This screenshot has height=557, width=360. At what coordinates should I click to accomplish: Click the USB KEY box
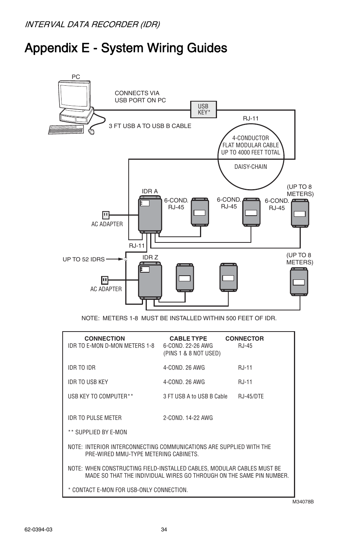click(203, 110)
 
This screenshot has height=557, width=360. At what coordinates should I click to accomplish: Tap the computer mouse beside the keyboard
click(91, 131)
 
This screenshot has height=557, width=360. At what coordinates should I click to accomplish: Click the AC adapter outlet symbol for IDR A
click(106, 215)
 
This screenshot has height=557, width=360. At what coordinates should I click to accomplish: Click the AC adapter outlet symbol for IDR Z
click(105, 280)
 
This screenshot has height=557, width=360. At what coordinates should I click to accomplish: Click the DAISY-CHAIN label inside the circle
click(251, 167)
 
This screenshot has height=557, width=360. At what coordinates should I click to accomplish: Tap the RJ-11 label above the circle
click(251, 118)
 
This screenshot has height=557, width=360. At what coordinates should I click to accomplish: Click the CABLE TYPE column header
click(188, 338)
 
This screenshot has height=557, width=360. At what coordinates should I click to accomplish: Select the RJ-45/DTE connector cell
click(251, 396)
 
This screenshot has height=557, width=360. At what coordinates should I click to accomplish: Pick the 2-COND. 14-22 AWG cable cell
click(188, 418)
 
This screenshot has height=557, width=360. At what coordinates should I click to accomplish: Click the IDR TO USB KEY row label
click(88, 382)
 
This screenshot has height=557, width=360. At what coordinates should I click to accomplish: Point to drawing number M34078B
click(303, 502)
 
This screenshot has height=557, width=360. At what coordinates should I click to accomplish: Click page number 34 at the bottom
click(164, 529)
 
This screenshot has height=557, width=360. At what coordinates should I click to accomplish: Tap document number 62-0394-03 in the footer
click(38, 529)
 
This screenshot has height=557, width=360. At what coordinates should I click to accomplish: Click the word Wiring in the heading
click(166, 48)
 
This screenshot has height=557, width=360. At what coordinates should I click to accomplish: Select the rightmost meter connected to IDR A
click(300, 213)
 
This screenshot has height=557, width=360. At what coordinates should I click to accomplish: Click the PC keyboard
click(66, 130)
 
